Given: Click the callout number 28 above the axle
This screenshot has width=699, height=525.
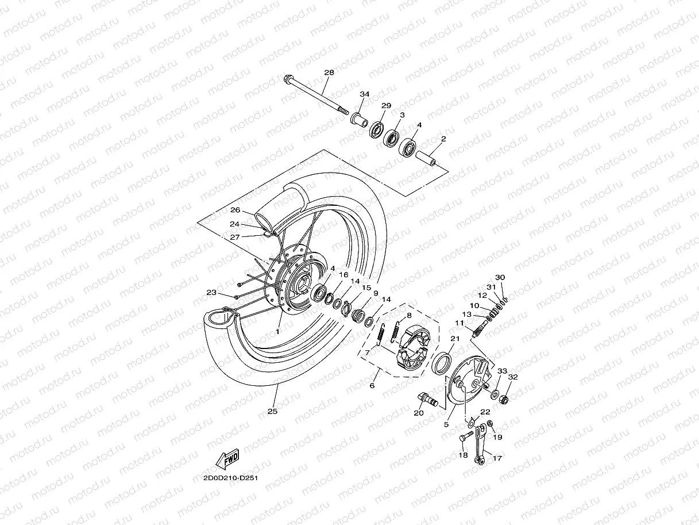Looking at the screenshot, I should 329,73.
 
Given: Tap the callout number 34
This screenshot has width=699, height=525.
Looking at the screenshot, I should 364,94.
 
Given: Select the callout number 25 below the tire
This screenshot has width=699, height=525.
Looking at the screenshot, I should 272,412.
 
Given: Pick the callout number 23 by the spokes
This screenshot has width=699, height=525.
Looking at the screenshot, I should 211,293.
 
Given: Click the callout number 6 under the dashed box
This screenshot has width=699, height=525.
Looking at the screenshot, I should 372,386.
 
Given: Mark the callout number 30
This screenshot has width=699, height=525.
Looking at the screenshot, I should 500,278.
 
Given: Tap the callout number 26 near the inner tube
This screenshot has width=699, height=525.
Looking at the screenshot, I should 235,210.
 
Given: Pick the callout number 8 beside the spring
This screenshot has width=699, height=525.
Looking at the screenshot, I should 409,316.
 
